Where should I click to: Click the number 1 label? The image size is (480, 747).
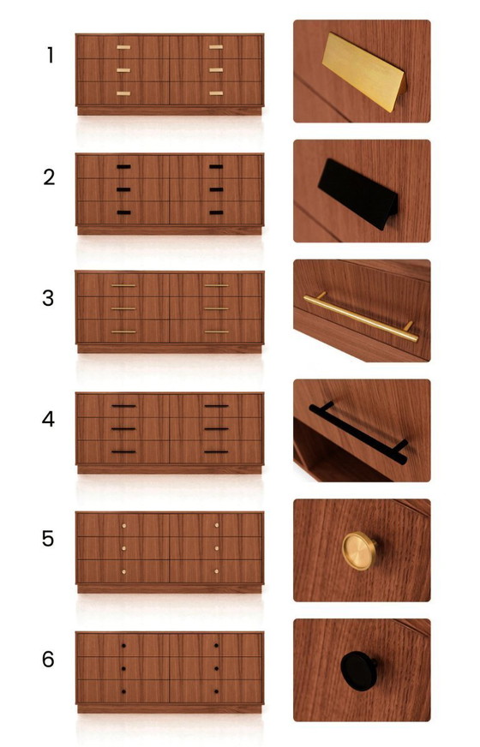coord(50,56)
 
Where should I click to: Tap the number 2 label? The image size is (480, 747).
coord(49,177)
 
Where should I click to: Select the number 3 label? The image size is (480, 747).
coord(48,298)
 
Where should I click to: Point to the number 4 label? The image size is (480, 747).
coord(48,419)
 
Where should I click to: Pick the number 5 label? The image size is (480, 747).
coord(48,539)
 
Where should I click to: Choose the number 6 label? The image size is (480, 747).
coord(48,659)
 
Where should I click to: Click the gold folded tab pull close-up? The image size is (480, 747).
coord(364,71)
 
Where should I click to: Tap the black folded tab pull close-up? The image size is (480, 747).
coord(358,194)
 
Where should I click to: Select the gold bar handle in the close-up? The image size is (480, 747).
coord(361,317)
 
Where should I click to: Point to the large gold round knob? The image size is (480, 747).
coord(359,551)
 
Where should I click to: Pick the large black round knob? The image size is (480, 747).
coord(358,670)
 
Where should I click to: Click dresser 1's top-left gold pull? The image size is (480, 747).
coord(123,47)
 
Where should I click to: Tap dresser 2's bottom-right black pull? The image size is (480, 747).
coord(216,212)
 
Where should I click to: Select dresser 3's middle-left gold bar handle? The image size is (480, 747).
coord(123,308)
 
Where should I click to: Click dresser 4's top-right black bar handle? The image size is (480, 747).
coord(216,406)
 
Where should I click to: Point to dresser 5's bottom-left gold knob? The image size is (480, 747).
coord(123,571)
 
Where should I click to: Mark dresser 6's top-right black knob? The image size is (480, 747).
coord(216,646)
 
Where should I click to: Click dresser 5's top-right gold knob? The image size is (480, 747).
coord(217,525)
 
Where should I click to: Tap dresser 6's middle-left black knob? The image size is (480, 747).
coord(123,668)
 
